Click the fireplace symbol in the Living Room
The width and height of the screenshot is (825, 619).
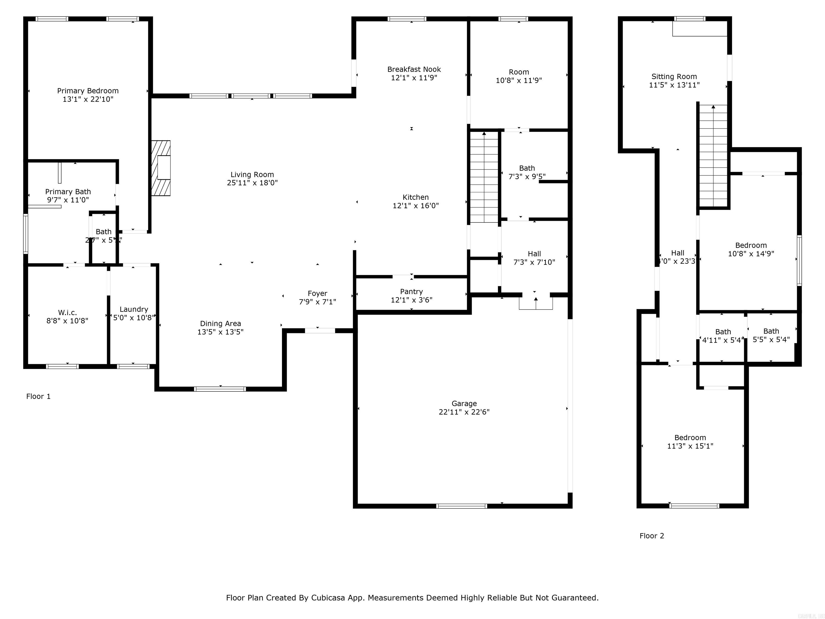point(161,168)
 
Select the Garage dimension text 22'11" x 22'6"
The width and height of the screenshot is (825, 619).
point(464,412)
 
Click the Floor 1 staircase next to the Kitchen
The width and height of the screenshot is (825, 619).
point(484,177)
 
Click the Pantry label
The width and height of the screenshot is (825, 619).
point(411,291)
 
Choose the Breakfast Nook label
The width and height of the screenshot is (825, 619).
point(414,69)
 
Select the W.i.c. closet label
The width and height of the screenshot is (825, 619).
point(67,312)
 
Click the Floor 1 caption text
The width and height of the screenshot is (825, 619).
point(38,396)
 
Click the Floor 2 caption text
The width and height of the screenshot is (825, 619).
point(652,536)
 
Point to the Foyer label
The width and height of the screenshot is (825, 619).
point(317,293)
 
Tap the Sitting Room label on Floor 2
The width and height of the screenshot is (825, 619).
point(674,77)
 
